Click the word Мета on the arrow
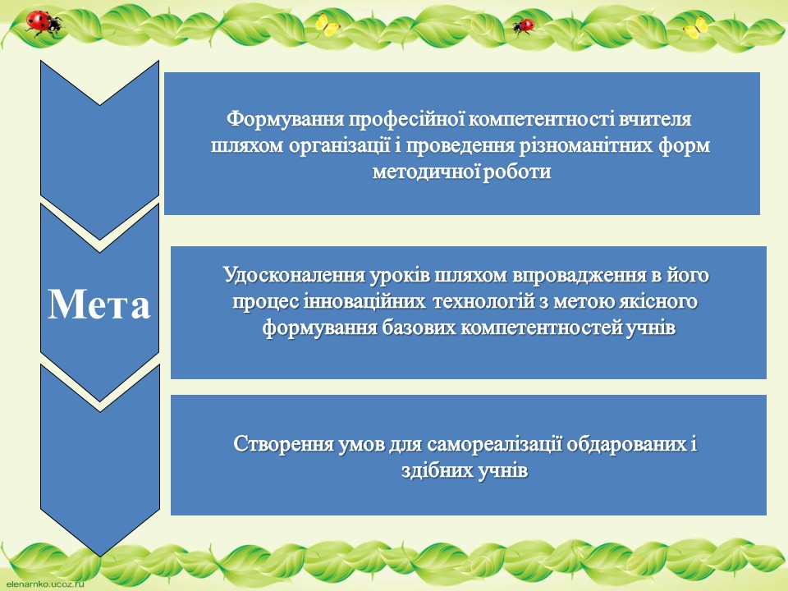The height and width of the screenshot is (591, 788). (x=99, y=304)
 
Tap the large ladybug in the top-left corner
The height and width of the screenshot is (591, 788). (x=44, y=24)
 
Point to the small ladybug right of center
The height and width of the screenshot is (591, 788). (x=523, y=25)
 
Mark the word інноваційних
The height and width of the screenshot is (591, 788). (x=364, y=301)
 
